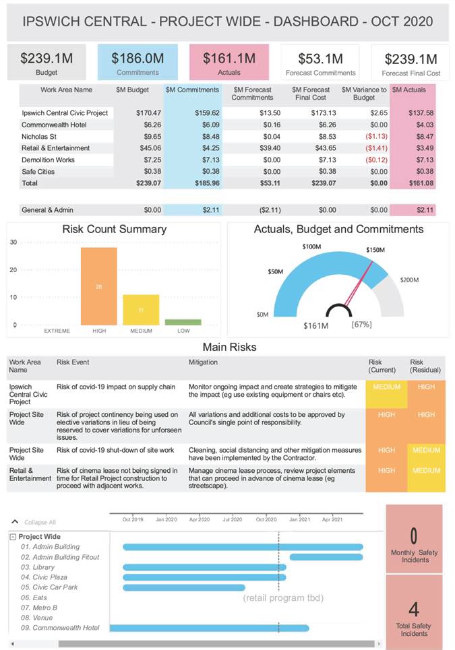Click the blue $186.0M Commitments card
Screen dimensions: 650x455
(x=138, y=63)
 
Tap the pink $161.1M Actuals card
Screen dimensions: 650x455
(x=229, y=63)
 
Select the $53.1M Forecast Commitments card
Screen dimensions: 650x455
(x=320, y=63)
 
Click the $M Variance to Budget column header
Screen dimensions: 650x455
(x=364, y=94)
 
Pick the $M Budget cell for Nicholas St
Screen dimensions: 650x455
(x=148, y=137)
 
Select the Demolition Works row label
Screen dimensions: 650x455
(x=48, y=160)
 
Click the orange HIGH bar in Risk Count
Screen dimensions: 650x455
(x=99, y=286)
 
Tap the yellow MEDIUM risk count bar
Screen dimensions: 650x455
(x=141, y=310)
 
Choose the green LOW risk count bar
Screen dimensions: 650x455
(x=183, y=322)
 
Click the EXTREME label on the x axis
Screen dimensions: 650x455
(x=57, y=331)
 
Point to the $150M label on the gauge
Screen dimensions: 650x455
(x=376, y=250)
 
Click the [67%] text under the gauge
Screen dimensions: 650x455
(x=361, y=325)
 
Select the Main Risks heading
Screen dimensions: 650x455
(x=229, y=348)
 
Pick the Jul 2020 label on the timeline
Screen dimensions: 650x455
(x=233, y=519)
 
